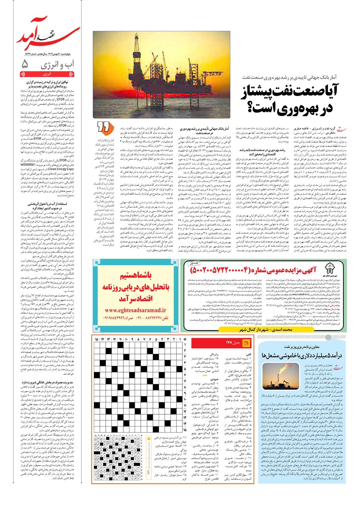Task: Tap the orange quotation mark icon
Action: (x=102, y=126)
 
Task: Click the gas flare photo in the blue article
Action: (x=278, y=380)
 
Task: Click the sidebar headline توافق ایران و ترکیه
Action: (x=48, y=84)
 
